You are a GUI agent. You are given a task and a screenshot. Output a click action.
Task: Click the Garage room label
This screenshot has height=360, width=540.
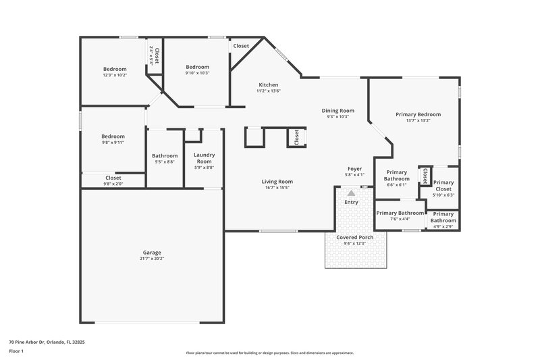[151, 252]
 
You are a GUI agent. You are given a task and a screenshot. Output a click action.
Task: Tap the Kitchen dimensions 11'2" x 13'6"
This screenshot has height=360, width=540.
[268, 91]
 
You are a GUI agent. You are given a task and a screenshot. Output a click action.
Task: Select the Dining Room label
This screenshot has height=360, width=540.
[337, 110]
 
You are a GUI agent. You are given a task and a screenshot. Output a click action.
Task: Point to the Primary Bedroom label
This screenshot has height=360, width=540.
[418, 114]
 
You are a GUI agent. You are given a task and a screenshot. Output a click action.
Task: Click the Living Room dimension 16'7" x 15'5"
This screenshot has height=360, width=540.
[277, 187]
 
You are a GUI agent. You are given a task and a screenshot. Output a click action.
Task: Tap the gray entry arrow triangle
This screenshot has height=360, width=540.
[351, 193]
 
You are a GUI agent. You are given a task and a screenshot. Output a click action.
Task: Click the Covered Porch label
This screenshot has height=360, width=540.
[354, 237]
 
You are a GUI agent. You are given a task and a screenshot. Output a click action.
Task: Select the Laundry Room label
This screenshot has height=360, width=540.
[204, 158]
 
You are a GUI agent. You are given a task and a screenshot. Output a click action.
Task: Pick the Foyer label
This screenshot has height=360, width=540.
[354, 169]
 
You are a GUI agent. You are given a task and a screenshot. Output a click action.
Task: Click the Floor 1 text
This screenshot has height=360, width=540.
[16, 352]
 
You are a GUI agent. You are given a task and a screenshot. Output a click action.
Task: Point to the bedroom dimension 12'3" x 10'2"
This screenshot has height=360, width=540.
[114, 75]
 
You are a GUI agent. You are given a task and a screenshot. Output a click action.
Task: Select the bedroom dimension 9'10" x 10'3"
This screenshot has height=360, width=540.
[198, 73]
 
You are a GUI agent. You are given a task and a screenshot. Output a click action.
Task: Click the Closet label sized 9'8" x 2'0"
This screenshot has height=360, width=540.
[113, 178]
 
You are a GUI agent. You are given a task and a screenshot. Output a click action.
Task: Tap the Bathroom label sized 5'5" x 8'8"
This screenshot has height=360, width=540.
[165, 155]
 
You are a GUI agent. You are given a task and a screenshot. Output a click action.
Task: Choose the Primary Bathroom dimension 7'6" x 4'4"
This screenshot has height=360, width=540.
[400, 219]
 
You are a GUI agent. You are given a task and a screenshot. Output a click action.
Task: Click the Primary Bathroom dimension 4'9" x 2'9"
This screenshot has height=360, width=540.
[443, 226]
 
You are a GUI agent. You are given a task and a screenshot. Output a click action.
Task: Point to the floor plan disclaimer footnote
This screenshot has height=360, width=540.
[270, 353]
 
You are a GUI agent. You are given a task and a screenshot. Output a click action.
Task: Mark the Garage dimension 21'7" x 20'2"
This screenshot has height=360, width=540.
[151, 258]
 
